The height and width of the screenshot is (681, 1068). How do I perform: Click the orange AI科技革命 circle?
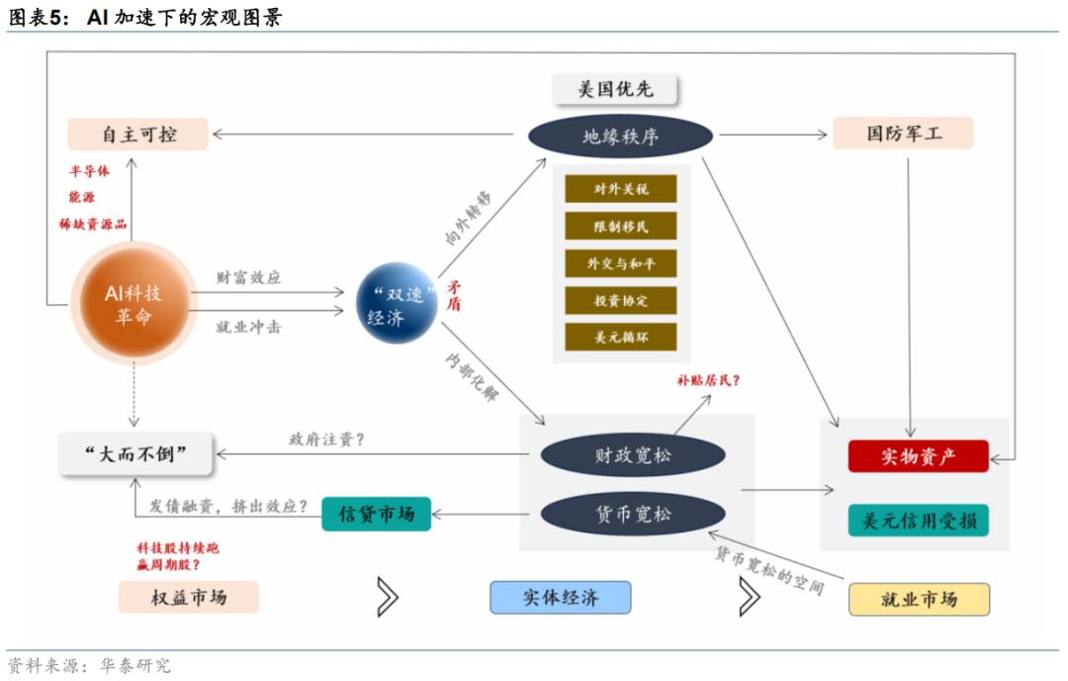tap(133, 304)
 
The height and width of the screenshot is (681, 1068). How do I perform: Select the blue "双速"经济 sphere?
tap(397, 304)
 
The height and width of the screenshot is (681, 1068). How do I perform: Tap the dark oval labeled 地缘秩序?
tap(620, 137)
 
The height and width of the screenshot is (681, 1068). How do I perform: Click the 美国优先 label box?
tap(615, 89)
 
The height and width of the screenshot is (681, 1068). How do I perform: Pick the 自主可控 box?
tap(137, 134)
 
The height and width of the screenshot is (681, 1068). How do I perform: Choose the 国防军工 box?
tap(903, 133)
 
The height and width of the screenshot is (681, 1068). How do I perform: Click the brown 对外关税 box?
tap(621, 189)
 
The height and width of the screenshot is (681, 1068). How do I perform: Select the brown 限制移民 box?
tap(621, 226)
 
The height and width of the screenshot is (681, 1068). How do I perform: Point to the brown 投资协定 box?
tap(621, 300)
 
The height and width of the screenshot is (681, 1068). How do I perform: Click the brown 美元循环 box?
tap(621, 337)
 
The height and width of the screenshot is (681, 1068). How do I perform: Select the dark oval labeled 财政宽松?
tap(633, 455)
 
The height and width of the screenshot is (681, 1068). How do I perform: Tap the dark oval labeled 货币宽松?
tap(633, 515)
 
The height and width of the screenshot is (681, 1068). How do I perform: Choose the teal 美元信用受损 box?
tap(918, 520)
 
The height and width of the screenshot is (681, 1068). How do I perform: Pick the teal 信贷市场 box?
tap(377, 514)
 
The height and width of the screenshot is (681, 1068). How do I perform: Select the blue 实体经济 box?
tap(560, 598)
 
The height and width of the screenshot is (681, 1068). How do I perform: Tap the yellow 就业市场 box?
tap(919, 599)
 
